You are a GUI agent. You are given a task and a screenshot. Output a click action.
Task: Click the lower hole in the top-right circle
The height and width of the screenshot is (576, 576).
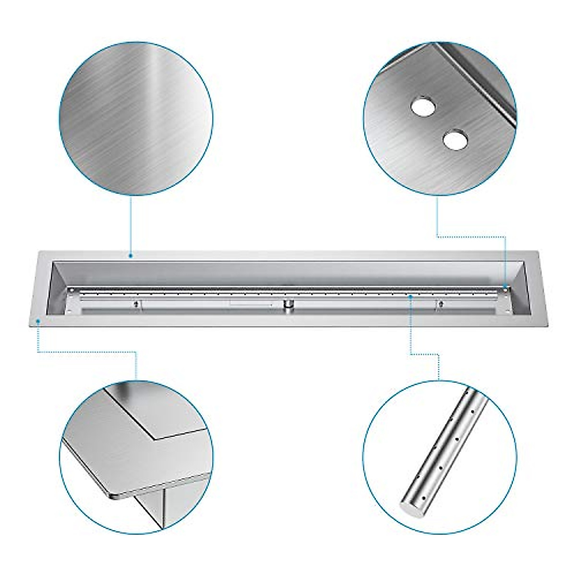point(454,140)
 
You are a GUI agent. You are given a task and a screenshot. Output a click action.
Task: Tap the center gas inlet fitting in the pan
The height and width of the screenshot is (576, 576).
point(288,305)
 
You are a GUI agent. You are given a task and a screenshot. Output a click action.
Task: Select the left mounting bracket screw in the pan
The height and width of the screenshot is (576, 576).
point(138,304)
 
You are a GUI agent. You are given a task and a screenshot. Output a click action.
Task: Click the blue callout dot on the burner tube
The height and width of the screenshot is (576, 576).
point(411,296)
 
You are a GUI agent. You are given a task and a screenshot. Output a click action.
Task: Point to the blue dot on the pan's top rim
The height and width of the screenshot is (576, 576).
point(131,256)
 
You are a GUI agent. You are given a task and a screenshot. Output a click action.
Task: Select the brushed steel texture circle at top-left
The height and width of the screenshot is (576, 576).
point(136,118)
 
